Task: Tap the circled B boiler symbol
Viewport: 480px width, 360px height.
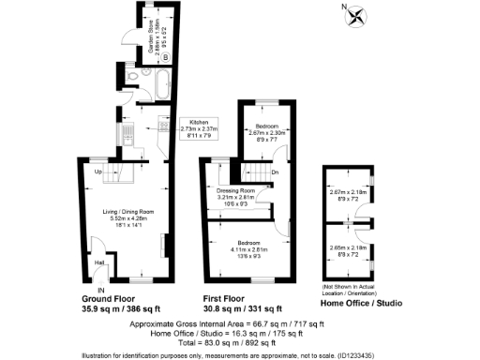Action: [166, 57]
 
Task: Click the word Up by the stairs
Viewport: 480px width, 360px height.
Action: [97, 172]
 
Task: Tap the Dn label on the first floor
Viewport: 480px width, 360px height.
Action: [275, 172]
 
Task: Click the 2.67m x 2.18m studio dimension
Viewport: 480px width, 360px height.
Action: [348, 193]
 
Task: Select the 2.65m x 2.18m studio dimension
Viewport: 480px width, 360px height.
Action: [348, 247]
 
